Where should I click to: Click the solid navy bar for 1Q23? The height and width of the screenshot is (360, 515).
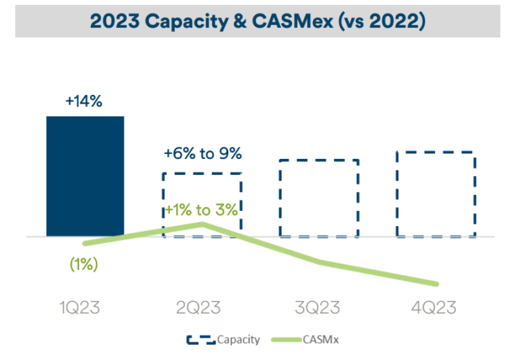85,176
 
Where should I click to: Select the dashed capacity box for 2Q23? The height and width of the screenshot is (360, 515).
201,204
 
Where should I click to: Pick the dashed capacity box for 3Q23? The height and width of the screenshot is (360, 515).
319,197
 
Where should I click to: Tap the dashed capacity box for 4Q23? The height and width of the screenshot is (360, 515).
435,193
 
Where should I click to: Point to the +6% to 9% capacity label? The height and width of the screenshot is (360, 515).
203,153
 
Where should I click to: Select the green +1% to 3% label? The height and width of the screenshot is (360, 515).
201,210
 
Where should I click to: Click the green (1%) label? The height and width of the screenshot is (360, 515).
84,265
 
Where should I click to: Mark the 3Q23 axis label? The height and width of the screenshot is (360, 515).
316,307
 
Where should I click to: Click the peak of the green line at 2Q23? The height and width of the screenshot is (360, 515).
203,224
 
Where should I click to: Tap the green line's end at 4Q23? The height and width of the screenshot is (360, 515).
436,284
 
